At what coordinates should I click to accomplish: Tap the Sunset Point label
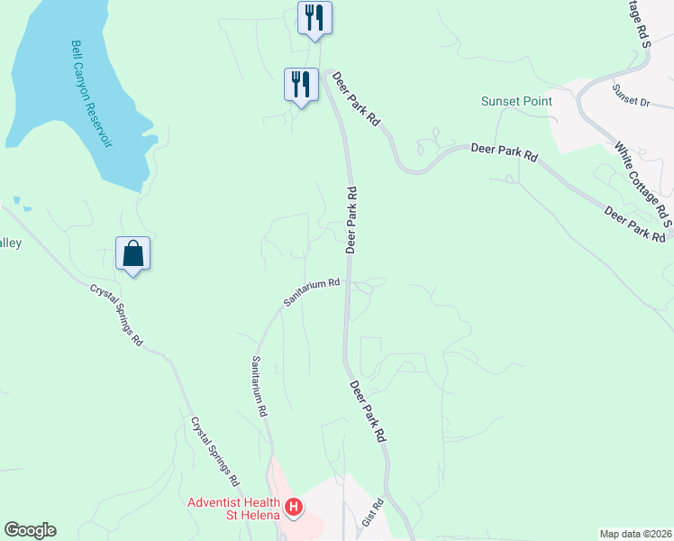tap(516, 101)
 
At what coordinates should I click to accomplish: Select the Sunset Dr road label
tap(631, 94)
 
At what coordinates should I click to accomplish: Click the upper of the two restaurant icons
tap(314, 17)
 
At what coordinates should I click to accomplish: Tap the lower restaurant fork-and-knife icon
tap(301, 85)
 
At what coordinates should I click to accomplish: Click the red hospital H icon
tap(293, 509)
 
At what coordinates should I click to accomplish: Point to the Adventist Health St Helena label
tap(237, 509)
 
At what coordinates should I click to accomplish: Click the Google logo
tap(30, 530)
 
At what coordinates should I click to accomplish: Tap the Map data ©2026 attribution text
tap(635, 534)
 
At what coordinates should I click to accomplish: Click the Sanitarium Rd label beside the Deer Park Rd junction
tap(312, 293)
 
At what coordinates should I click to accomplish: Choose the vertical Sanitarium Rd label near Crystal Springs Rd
tap(260, 385)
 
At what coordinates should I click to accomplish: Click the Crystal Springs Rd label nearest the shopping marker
tap(116, 316)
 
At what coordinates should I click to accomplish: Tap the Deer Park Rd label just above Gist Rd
tap(368, 410)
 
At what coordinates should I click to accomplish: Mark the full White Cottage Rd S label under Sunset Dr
tap(642, 177)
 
